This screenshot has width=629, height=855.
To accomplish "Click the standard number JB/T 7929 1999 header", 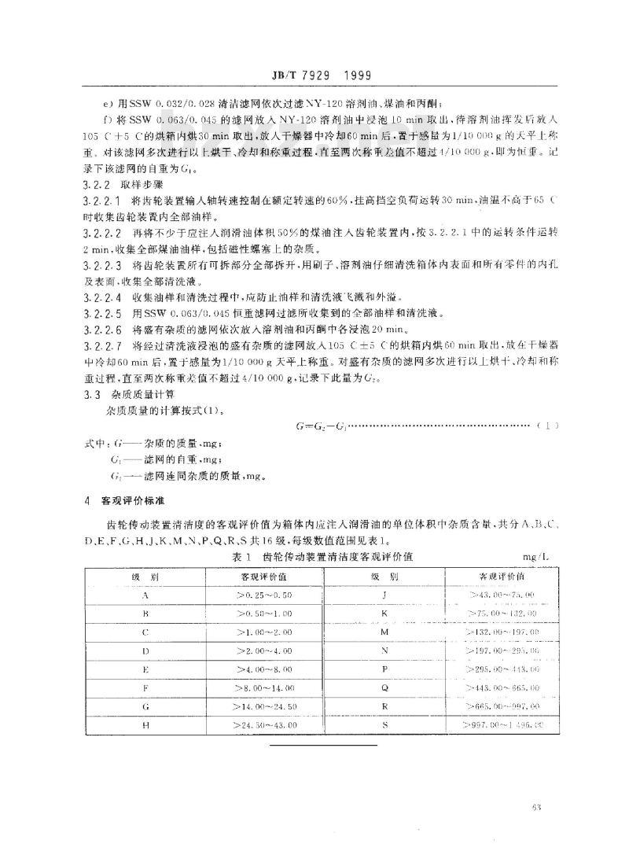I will [x=314, y=76].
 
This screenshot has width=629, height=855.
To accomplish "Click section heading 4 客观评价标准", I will [x=119, y=499].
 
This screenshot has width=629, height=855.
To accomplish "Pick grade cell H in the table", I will [x=145, y=724].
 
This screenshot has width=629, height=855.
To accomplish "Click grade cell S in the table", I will [x=384, y=724].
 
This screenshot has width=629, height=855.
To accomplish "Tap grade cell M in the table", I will [x=384, y=631].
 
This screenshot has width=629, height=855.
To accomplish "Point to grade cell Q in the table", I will [x=384, y=687].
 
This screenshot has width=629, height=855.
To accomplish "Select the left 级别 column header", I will [x=145, y=576].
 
